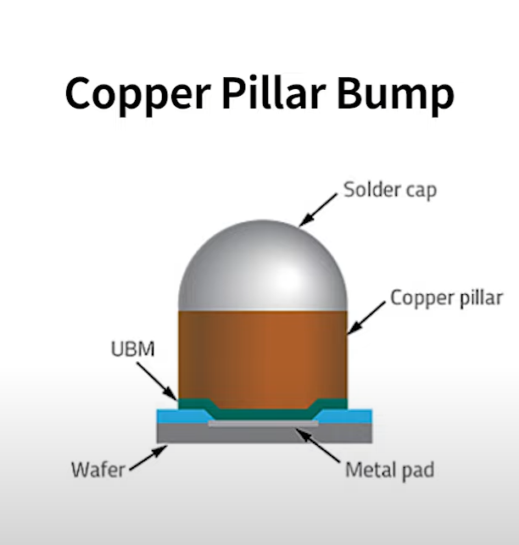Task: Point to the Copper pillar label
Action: pos(447,298)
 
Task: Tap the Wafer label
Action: pos(99,470)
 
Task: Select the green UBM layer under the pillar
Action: pos(262,414)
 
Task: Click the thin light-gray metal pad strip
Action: pos(262,424)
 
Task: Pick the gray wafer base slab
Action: pos(262,435)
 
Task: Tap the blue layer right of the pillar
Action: pos(352,416)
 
